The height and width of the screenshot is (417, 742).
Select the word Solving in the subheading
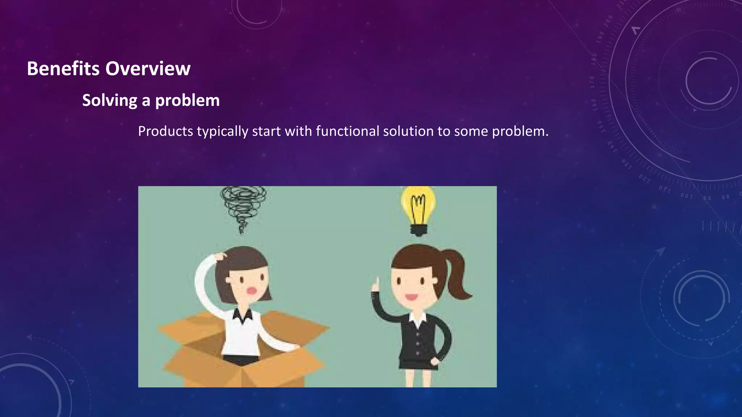109,100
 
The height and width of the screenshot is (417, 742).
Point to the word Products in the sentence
166,131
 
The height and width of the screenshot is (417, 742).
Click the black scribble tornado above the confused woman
243,207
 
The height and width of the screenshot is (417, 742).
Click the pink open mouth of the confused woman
251,291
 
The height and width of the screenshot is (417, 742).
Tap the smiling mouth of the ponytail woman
411,297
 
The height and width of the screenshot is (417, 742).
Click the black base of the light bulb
419,230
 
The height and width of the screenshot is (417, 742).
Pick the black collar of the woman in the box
242,316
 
